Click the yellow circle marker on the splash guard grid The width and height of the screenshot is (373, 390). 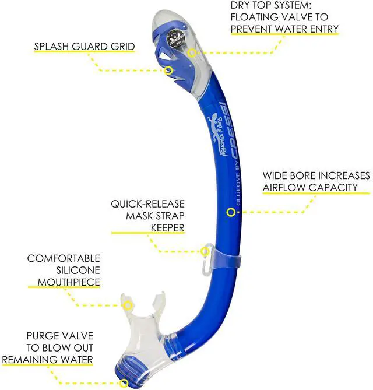click(169, 71)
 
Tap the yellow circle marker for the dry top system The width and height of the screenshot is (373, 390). click(192, 52)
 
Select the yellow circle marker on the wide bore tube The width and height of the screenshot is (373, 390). click(231, 212)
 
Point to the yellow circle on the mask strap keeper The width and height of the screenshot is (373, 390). click(205, 251)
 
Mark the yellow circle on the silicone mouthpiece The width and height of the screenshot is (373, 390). click(128, 305)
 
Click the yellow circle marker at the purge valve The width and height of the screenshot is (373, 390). click(124, 383)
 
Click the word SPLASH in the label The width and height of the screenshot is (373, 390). click(51, 47)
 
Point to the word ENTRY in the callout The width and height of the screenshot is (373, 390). click(324, 29)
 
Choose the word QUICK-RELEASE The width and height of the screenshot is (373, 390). click(147, 204)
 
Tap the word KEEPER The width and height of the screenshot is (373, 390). click(168, 228)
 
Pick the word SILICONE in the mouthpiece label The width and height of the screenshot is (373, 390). click(78, 270)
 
